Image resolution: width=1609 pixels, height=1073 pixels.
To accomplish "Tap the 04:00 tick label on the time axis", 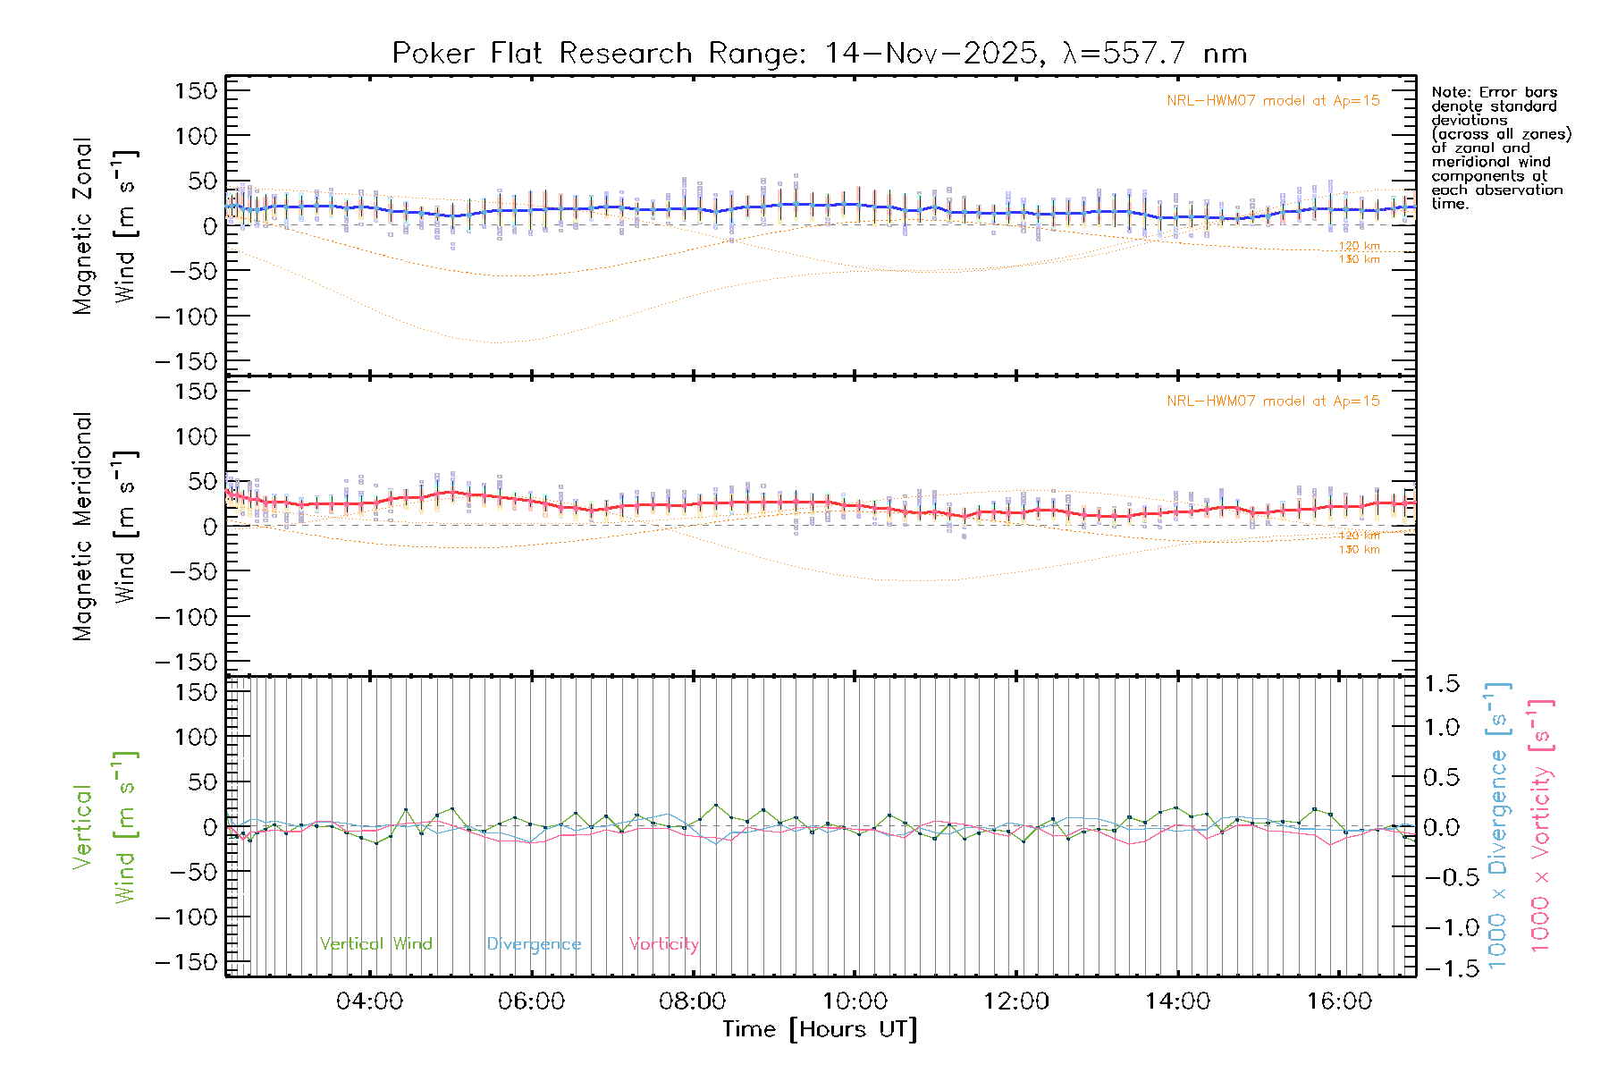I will click(369, 1001).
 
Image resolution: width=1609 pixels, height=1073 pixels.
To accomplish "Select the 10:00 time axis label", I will click(855, 1001).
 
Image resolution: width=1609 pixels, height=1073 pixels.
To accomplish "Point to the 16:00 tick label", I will click(1339, 1001).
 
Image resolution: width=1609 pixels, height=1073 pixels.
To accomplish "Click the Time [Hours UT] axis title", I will click(820, 1030).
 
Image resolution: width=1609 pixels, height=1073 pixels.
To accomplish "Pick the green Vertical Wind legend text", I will click(375, 944).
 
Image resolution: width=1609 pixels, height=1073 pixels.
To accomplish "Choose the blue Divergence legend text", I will click(534, 944).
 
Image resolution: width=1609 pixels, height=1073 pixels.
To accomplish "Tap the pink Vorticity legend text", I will click(663, 944).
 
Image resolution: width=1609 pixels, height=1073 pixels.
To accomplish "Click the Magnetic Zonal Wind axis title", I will click(105, 225).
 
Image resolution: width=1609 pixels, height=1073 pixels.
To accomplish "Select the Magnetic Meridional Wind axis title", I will click(105, 526).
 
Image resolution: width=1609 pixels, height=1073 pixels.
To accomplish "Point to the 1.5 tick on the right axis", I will click(1441, 684).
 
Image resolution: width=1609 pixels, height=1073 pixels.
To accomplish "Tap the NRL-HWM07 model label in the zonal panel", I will click(1273, 101).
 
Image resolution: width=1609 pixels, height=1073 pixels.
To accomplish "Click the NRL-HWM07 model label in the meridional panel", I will click(1273, 401).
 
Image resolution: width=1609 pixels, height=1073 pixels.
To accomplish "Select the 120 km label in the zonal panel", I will click(1359, 246).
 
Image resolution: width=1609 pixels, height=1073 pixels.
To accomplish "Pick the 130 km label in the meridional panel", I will click(1359, 550).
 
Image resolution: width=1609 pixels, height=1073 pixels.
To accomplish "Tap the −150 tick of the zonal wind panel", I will click(186, 361).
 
